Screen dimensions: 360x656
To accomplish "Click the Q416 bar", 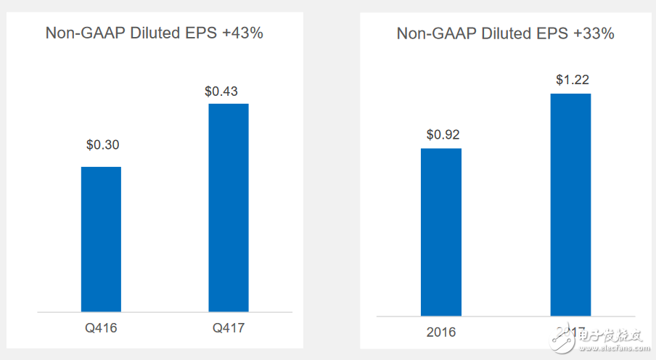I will [101, 240].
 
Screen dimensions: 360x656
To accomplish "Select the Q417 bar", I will [229, 208].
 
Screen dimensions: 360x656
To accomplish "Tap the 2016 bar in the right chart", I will [441, 232].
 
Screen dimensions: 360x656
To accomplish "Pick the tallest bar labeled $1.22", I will [570, 205].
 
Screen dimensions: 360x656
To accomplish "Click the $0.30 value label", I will [102, 144].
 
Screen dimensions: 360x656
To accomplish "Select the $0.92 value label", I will [443, 134].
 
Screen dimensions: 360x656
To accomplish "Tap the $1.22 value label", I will [571, 80].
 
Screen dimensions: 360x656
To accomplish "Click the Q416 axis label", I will [101, 328].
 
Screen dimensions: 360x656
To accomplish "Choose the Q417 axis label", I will [229, 328].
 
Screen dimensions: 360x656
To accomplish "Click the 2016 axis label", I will [441, 332].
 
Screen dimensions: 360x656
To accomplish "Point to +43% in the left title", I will [241, 33].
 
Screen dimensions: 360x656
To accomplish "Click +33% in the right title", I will [593, 33].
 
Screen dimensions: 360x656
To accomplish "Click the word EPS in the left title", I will [200, 33].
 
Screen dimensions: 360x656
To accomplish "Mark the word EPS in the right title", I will [551, 33].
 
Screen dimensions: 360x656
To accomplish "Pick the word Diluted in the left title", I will [154, 33].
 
